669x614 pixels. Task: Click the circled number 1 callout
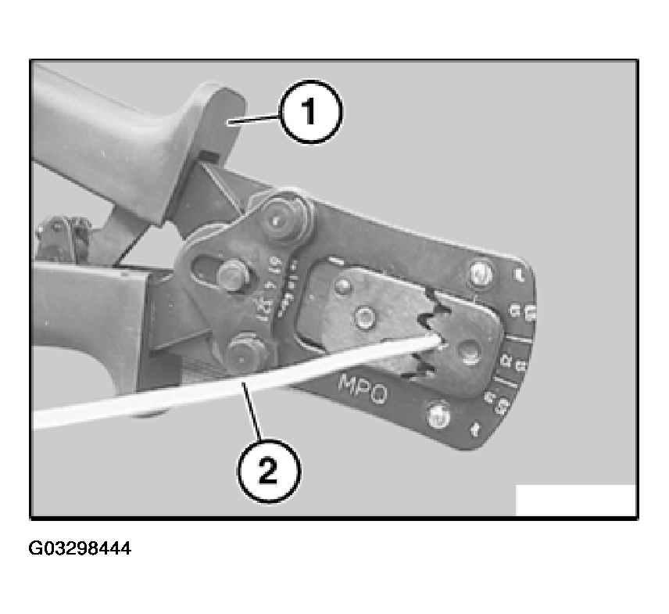(311, 115)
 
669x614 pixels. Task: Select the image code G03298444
(80, 548)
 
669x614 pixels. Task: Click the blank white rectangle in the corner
(575, 501)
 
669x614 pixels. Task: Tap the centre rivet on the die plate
(363, 317)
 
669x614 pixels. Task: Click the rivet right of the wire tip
(468, 350)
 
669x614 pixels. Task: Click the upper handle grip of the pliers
(117, 133)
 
